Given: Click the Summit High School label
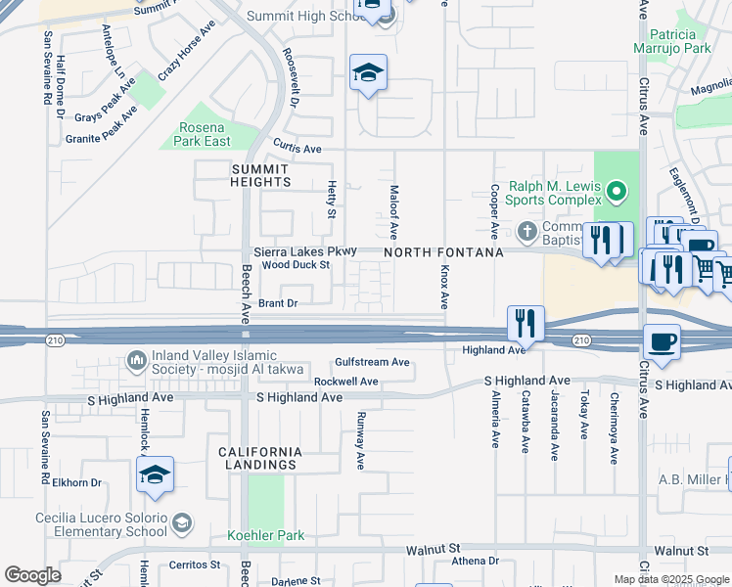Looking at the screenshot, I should click(x=304, y=16).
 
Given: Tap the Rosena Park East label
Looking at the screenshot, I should click(x=205, y=135).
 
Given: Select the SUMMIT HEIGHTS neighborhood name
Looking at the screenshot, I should click(x=261, y=175).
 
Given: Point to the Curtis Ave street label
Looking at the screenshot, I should click(x=297, y=149).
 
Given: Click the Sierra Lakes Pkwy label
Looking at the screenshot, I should click(x=305, y=251).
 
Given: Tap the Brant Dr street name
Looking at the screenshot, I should click(x=278, y=304).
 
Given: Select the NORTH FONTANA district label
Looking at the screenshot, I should click(x=443, y=252).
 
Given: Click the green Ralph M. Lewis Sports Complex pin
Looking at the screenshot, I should click(x=616, y=192).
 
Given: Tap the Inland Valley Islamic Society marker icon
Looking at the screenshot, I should click(x=136, y=362).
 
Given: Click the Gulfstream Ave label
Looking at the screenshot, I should click(x=372, y=362).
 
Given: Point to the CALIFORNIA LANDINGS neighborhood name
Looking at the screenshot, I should click(x=261, y=458).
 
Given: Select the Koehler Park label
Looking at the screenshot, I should click(x=265, y=535).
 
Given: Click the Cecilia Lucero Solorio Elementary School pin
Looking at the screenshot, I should click(x=181, y=524).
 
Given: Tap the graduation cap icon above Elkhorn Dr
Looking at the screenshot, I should click(x=155, y=475).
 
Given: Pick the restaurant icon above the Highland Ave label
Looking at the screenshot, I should click(x=526, y=323).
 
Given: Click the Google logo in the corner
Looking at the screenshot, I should click(x=32, y=575).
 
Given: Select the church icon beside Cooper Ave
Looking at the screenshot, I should click(x=527, y=231).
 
